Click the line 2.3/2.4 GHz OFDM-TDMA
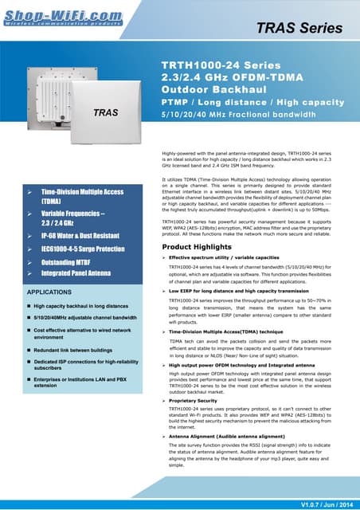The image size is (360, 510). point(229,77)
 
